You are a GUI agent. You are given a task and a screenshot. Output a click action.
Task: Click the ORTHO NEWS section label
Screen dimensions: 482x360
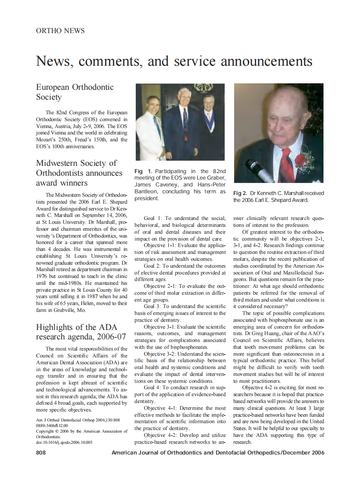[60, 31]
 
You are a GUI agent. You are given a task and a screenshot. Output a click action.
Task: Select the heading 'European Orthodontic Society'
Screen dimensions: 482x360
[75, 92]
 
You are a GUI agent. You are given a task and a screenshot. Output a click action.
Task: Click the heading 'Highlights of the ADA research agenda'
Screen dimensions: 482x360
[81, 331]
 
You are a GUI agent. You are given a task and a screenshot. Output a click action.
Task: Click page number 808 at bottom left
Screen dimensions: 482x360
[41, 453]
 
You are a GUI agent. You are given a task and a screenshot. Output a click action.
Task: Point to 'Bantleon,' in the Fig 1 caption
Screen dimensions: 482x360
[147, 192]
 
